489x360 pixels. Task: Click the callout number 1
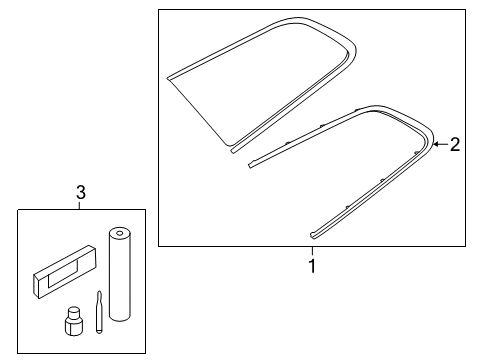coord(312,266)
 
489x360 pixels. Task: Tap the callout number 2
coord(455,144)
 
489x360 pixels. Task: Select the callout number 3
coord(81,193)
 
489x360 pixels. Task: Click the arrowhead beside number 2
coord(435,144)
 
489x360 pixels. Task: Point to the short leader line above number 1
coord(312,251)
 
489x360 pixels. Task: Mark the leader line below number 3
coord(79,205)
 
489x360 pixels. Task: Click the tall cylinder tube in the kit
coord(120,274)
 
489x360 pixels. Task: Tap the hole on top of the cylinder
coord(120,232)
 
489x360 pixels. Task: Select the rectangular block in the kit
coord(65,272)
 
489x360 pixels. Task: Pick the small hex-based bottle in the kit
coord(73,321)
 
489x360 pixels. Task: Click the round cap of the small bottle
coord(73,312)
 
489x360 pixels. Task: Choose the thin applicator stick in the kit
coord(99,312)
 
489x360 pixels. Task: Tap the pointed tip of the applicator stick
coord(99,292)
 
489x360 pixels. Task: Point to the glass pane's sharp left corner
coord(167,79)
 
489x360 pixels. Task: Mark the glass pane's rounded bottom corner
coord(229,145)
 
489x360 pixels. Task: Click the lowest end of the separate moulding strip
coord(312,236)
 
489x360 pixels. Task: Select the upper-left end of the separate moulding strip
coord(250,165)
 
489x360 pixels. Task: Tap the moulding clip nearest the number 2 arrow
coord(416,153)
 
